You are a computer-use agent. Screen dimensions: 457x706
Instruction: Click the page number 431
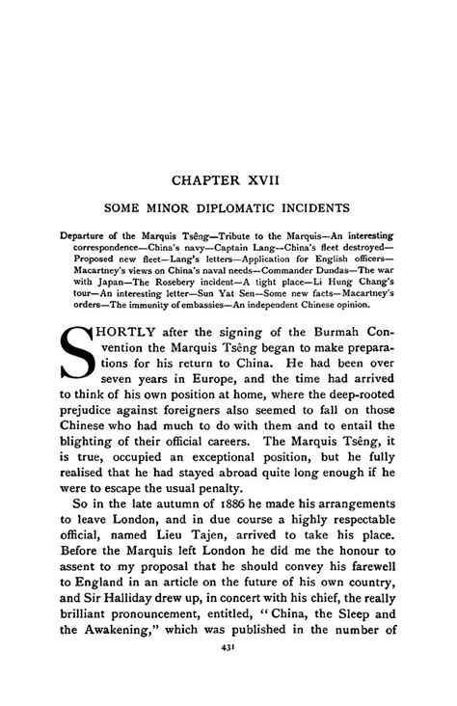point(228,685)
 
